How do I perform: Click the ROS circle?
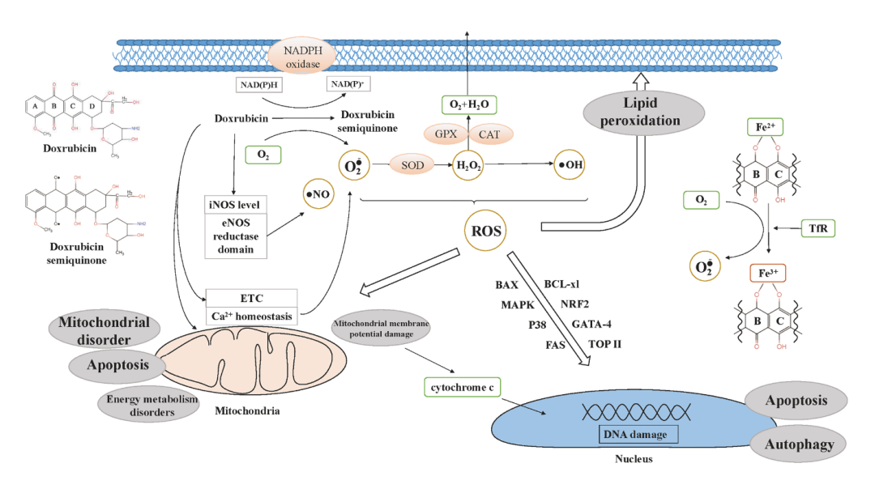tap(486, 232)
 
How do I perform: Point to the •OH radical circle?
tap(568, 164)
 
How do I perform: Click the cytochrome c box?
tap(462, 388)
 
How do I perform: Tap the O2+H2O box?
tap(468, 104)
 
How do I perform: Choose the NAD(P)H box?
tap(258, 85)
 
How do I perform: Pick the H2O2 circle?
tap(468, 164)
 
